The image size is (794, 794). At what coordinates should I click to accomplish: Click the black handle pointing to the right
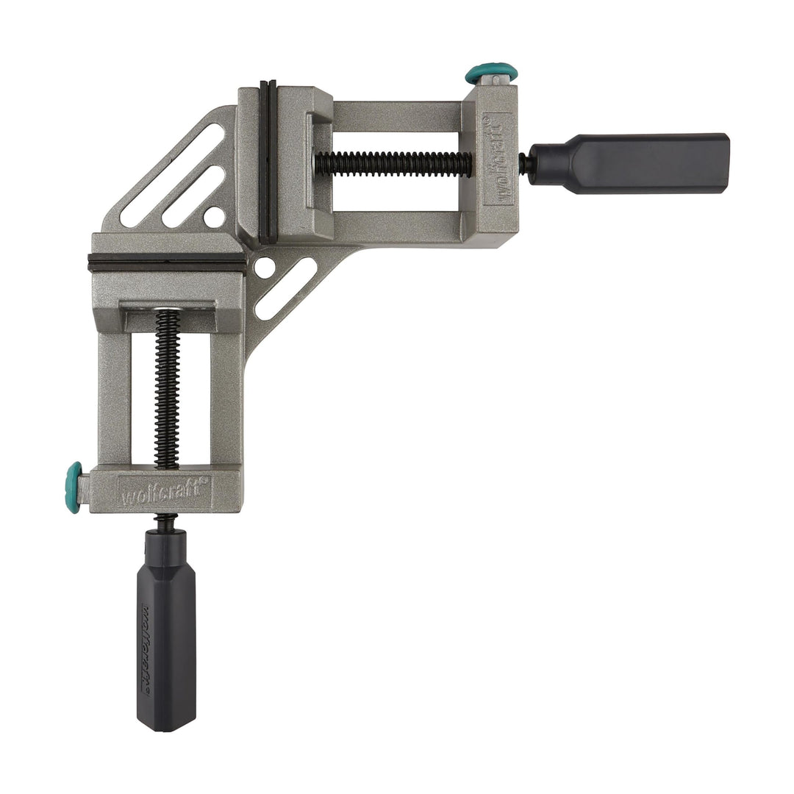(647, 163)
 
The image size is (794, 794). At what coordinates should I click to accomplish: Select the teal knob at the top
(490, 74)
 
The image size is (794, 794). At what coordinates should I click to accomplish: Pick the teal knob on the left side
(74, 487)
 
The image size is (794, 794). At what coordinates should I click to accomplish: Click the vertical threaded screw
(167, 390)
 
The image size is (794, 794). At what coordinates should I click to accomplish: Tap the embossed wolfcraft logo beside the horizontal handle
(500, 163)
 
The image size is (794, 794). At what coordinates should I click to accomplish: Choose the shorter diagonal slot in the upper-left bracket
(193, 196)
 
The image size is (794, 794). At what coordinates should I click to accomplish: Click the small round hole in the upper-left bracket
(214, 216)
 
